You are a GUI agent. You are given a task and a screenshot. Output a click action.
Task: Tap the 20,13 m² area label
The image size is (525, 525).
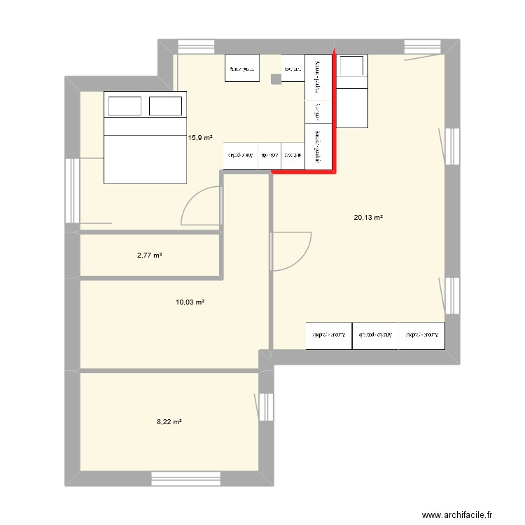368,218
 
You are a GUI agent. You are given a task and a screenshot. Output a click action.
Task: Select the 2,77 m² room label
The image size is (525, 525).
149,256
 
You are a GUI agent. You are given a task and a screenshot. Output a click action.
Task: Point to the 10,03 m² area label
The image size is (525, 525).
190,302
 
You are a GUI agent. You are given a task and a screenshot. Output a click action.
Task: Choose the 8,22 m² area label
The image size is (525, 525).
169,422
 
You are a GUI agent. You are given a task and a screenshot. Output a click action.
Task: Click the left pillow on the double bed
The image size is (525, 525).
125,106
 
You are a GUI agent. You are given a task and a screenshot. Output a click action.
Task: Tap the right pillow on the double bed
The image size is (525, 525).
166,106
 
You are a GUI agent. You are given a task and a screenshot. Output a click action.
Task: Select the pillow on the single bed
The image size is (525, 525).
352,66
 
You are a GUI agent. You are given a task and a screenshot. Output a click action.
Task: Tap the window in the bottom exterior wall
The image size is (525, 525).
186,479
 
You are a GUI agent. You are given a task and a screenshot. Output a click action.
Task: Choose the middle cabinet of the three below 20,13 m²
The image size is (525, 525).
375,335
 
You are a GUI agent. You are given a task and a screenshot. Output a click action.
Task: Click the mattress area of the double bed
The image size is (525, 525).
146,150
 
